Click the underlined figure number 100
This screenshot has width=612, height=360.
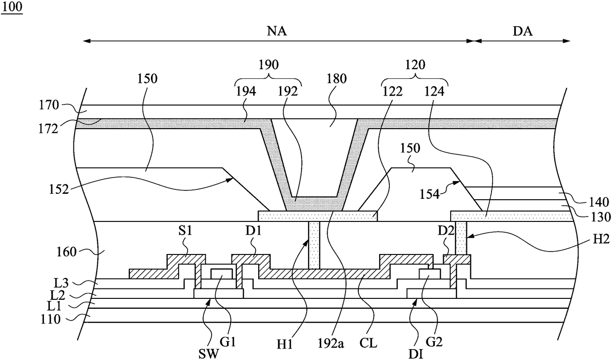coord(12,7)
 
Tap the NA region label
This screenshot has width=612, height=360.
coord(277,32)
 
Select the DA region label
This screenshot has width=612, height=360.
coord(523,32)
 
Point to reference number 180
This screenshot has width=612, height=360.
coord(337,78)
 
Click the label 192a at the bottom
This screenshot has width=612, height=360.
coord(331,344)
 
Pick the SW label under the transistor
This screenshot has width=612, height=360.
coord(208,354)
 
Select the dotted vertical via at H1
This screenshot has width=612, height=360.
coord(314,245)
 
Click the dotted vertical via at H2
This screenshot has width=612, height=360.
coord(461,238)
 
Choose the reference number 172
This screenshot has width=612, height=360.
coord(48,129)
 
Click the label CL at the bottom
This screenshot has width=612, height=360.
coord(368,344)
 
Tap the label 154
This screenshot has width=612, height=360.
coord(430,195)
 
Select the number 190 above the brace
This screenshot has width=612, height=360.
coord(268,65)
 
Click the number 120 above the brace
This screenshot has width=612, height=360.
coord(415,65)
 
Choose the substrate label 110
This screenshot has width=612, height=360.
coord(50,319)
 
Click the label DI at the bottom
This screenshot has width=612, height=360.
coord(416,354)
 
